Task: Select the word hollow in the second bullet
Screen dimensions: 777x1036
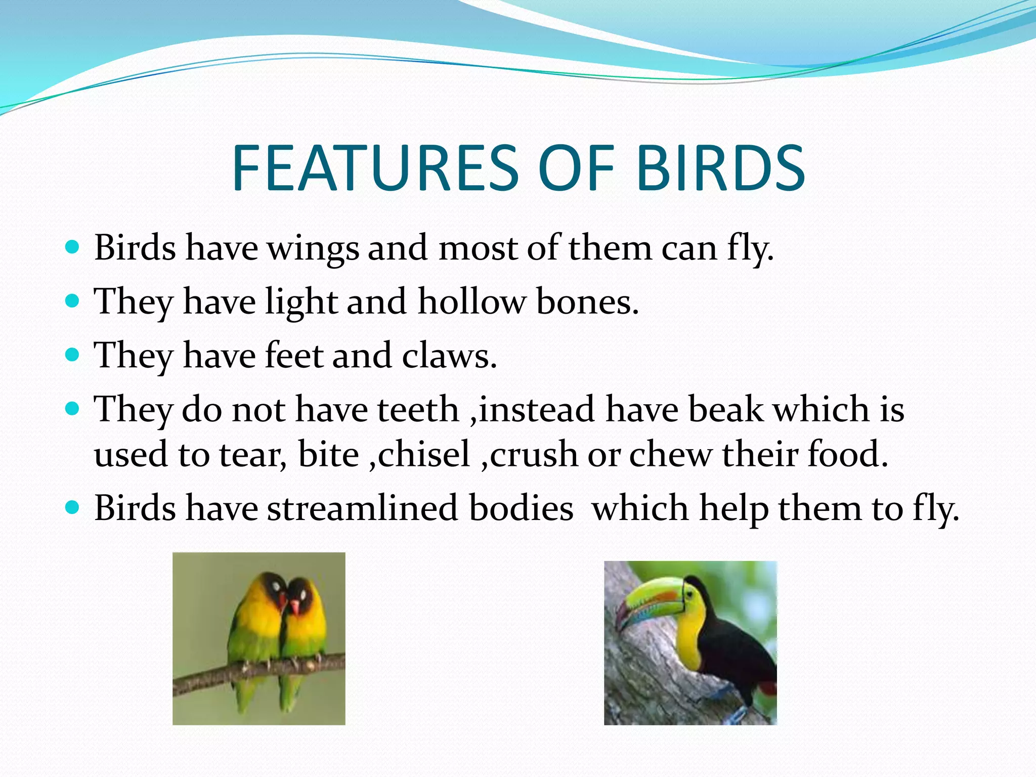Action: (471, 302)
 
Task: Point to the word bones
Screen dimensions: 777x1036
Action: (587, 302)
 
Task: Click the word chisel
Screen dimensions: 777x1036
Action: (424, 454)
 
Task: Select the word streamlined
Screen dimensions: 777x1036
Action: (361, 508)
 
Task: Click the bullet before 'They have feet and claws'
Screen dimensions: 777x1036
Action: (73, 354)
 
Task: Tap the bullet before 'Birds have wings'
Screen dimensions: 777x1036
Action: (73, 247)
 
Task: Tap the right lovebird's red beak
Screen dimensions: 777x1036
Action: (294, 605)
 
